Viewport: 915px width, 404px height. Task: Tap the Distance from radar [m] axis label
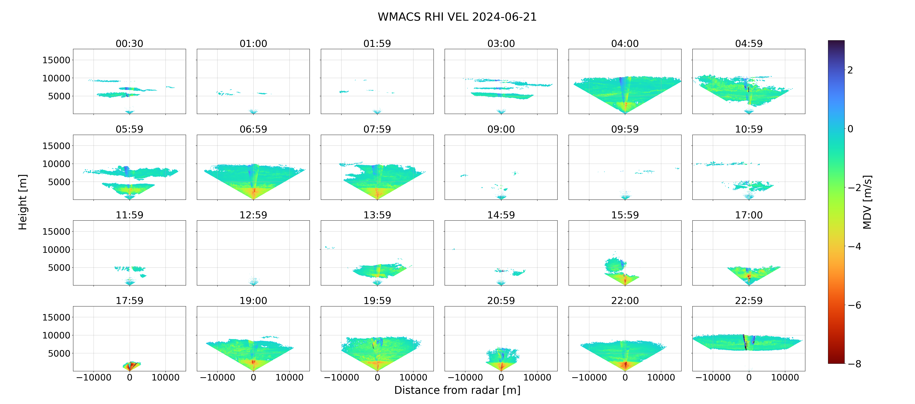click(x=457, y=390)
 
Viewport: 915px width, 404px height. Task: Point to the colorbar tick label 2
click(x=850, y=70)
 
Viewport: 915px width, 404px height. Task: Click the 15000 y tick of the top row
click(x=57, y=60)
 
